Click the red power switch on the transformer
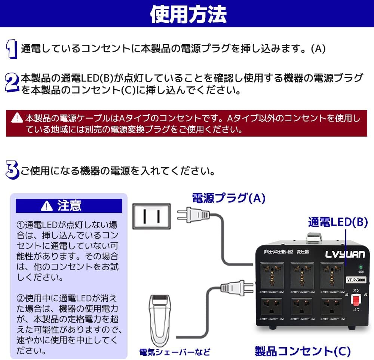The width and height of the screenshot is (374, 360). (356, 300)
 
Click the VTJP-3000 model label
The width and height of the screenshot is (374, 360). (356, 280)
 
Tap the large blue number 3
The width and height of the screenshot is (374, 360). (12, 170)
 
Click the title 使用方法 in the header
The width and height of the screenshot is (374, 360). (188, 14)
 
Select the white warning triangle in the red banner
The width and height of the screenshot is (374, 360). (17, 118)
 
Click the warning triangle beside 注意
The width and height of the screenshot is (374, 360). (46, 205)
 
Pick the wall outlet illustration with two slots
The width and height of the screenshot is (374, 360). (151, 216)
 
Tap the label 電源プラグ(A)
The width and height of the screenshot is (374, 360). (229, 198)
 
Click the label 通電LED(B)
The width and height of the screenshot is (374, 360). (338, 222)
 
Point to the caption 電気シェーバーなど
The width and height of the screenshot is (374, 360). (174, 351)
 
